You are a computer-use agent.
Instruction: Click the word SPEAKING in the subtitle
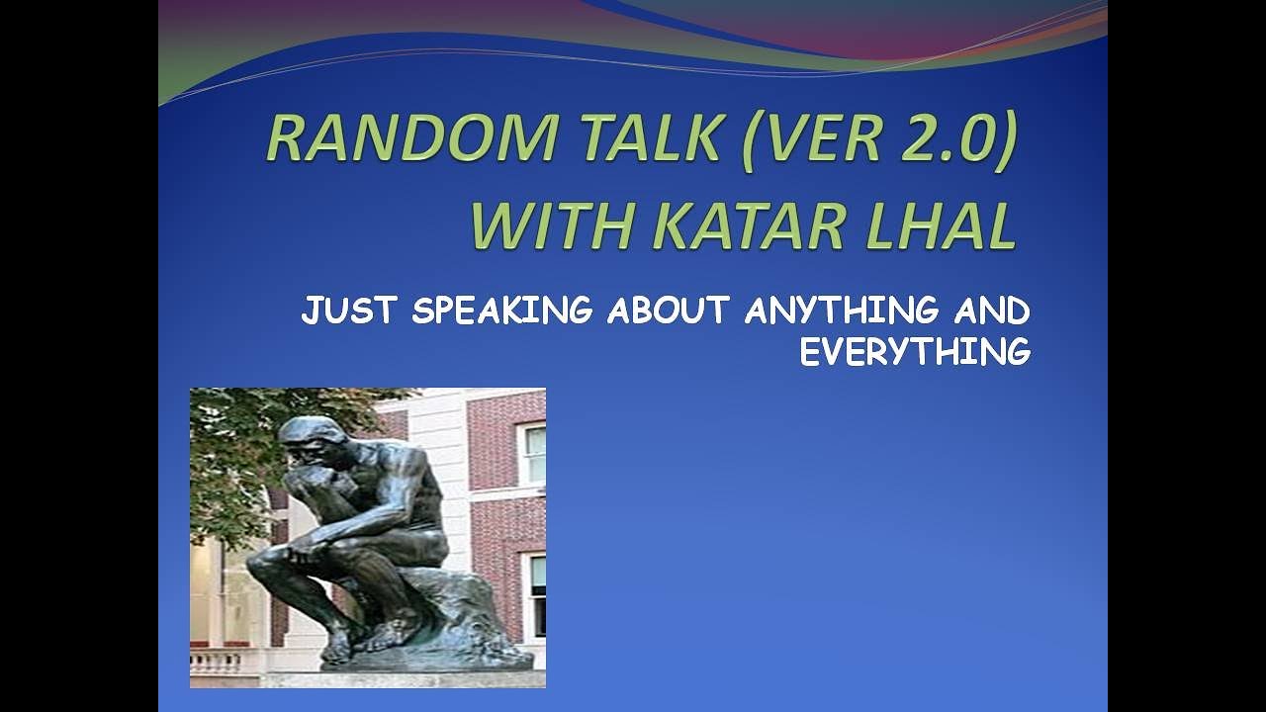(501, 311)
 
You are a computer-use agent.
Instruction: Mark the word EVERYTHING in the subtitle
(915, 352)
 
